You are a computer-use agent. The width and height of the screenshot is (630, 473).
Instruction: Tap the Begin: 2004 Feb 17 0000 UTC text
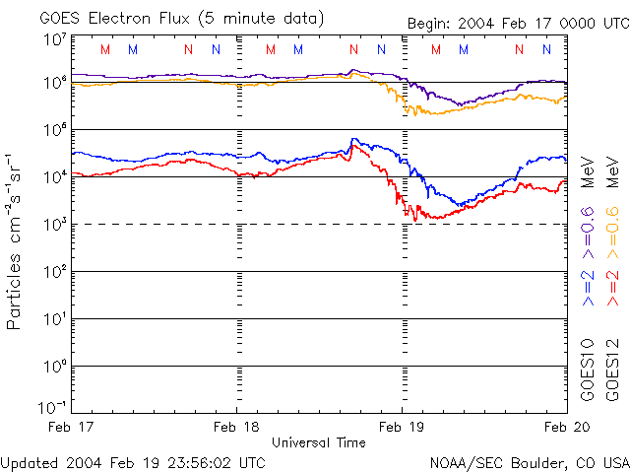click(519, 24)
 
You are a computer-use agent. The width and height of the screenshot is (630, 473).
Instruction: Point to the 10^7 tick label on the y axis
click(56, 40)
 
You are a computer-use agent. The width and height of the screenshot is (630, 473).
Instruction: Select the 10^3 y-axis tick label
click(56, 225)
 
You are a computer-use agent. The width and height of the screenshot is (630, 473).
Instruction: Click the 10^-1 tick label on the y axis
click(52, 407)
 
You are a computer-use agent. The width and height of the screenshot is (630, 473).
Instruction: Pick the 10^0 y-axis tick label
click(56, 367)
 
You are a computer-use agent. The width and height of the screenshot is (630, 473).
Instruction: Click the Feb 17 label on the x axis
click(71, 427)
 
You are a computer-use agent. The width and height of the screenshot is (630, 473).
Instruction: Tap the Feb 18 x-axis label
click(236, 427)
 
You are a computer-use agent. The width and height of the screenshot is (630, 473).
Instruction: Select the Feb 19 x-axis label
click(402, 427)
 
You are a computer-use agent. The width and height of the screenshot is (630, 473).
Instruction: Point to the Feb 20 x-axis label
click(567, 427)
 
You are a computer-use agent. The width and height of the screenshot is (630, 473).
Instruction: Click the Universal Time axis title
click(319, 442)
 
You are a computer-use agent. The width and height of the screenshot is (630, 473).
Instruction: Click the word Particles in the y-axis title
click(13, 292)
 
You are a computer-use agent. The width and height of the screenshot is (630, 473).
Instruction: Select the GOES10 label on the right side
click(588, 371)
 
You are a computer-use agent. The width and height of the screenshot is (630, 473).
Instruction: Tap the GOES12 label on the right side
click(612, 371)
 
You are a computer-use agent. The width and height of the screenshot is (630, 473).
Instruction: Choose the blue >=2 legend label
click(588, 288)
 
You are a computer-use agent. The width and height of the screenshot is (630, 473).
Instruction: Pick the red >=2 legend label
click(613, 288)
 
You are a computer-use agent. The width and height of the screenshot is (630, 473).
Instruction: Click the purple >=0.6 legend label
click(588, 233)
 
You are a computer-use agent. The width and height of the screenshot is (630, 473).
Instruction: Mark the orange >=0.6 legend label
click(613, 233)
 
